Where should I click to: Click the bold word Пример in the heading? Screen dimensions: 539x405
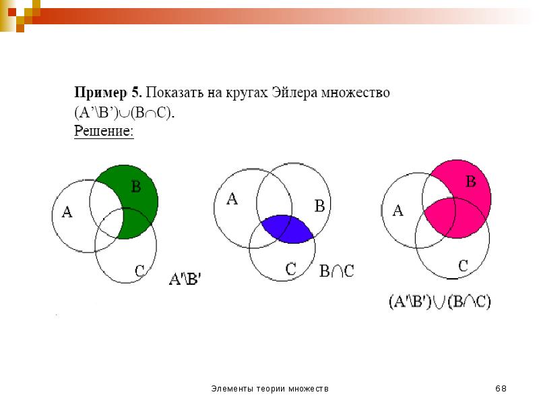[100, 93]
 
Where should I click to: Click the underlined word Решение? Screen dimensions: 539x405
[104, 131]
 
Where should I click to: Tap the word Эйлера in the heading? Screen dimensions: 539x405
[294, 93]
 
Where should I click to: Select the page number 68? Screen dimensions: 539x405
[501, 389]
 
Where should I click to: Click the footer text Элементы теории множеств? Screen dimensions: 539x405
[270, 389]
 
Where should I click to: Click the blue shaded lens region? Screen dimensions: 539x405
[288, 230]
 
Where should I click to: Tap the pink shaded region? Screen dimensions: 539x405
[464, 207]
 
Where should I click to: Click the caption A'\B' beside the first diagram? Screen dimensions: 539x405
[185, 279]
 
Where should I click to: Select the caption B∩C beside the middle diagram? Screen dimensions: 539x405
[336, 271]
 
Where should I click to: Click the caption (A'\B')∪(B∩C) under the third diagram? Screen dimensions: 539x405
[440, 302]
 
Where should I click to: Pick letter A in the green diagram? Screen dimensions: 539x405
[67, 212]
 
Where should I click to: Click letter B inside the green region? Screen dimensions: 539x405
[136, 187]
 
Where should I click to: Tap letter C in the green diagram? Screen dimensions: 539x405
[139, 271]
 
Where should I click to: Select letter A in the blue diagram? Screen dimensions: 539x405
[232, 199]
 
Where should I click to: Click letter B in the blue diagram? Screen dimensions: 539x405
[319, 206]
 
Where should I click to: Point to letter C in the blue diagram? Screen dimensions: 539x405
[291, 269]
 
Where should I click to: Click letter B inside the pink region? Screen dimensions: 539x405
[471, 181]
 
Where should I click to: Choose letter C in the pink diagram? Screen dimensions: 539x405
[464, 266]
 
